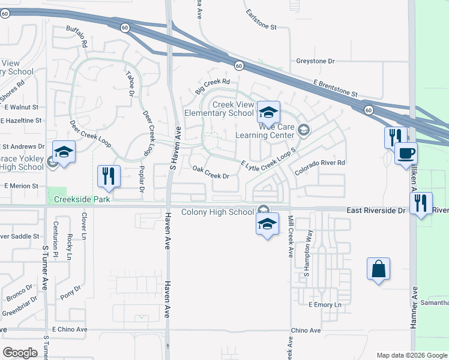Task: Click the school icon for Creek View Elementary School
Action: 269,112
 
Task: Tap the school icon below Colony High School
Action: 267,225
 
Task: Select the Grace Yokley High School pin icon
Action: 64,152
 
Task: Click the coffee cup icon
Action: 406,154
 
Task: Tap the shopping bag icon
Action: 379,269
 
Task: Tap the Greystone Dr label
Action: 315,61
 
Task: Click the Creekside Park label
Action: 82,199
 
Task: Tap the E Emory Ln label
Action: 325,305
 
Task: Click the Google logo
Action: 20,352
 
